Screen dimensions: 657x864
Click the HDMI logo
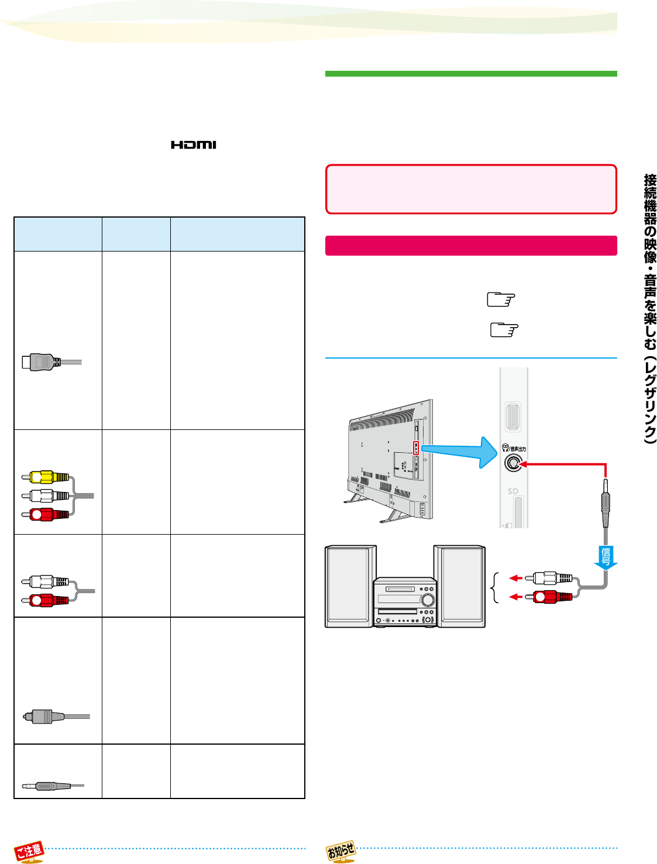(193, 145)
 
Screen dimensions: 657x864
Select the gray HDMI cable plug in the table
(51, 362)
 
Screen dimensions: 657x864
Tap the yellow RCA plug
(45, 477)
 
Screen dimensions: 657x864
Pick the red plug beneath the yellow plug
(45, 514)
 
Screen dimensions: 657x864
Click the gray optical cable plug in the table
(56, 717)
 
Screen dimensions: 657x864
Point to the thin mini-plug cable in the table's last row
(53, 786)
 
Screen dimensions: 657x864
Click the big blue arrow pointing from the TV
(459, 452)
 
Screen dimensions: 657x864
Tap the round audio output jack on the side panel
(513, 463)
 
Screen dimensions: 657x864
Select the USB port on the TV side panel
(513, 416)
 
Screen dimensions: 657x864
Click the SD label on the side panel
(512, 491)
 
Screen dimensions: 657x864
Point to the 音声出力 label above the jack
(517, 449)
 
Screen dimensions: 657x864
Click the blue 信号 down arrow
(606, 557)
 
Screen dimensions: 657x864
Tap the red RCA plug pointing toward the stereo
(549, 597)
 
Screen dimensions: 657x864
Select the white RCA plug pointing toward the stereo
(549, 578)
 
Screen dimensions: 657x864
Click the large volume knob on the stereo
(426, 600)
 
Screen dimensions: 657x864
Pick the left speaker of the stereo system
(349, 586)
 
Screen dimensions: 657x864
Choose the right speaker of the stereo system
(459, 586)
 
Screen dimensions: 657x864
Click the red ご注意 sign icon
(29, 851)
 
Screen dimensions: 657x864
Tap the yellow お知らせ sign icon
(341, 851)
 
